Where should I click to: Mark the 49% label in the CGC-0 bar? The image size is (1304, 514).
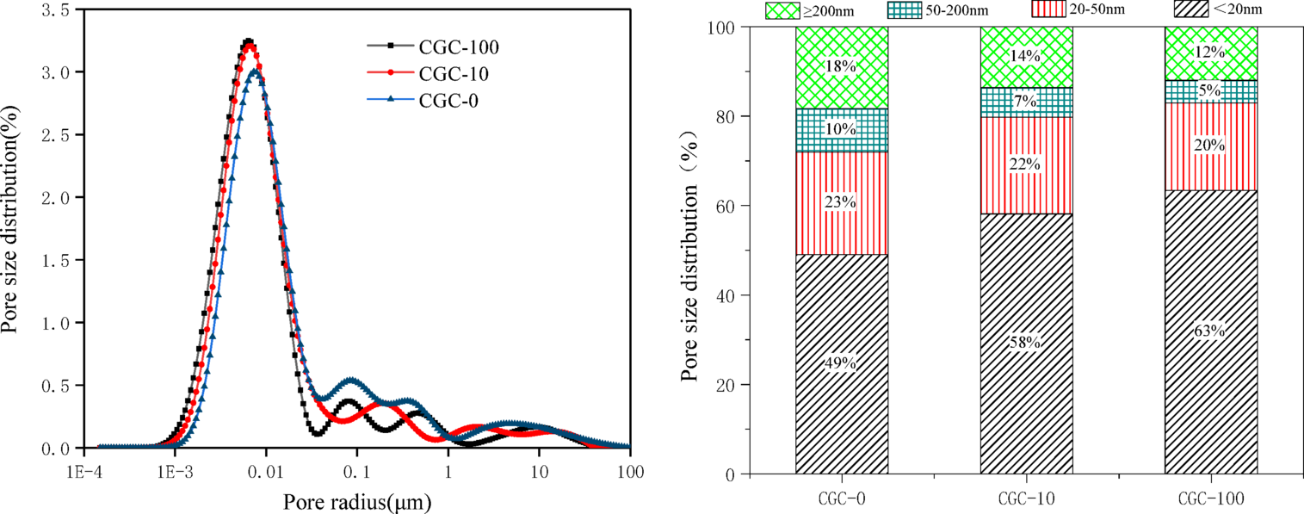pos(842,363)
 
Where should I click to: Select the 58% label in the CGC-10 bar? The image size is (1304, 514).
pos(1026,343)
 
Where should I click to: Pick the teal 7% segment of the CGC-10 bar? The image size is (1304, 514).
pos(1026,102)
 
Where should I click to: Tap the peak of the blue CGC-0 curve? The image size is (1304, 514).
pos(256,72)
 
